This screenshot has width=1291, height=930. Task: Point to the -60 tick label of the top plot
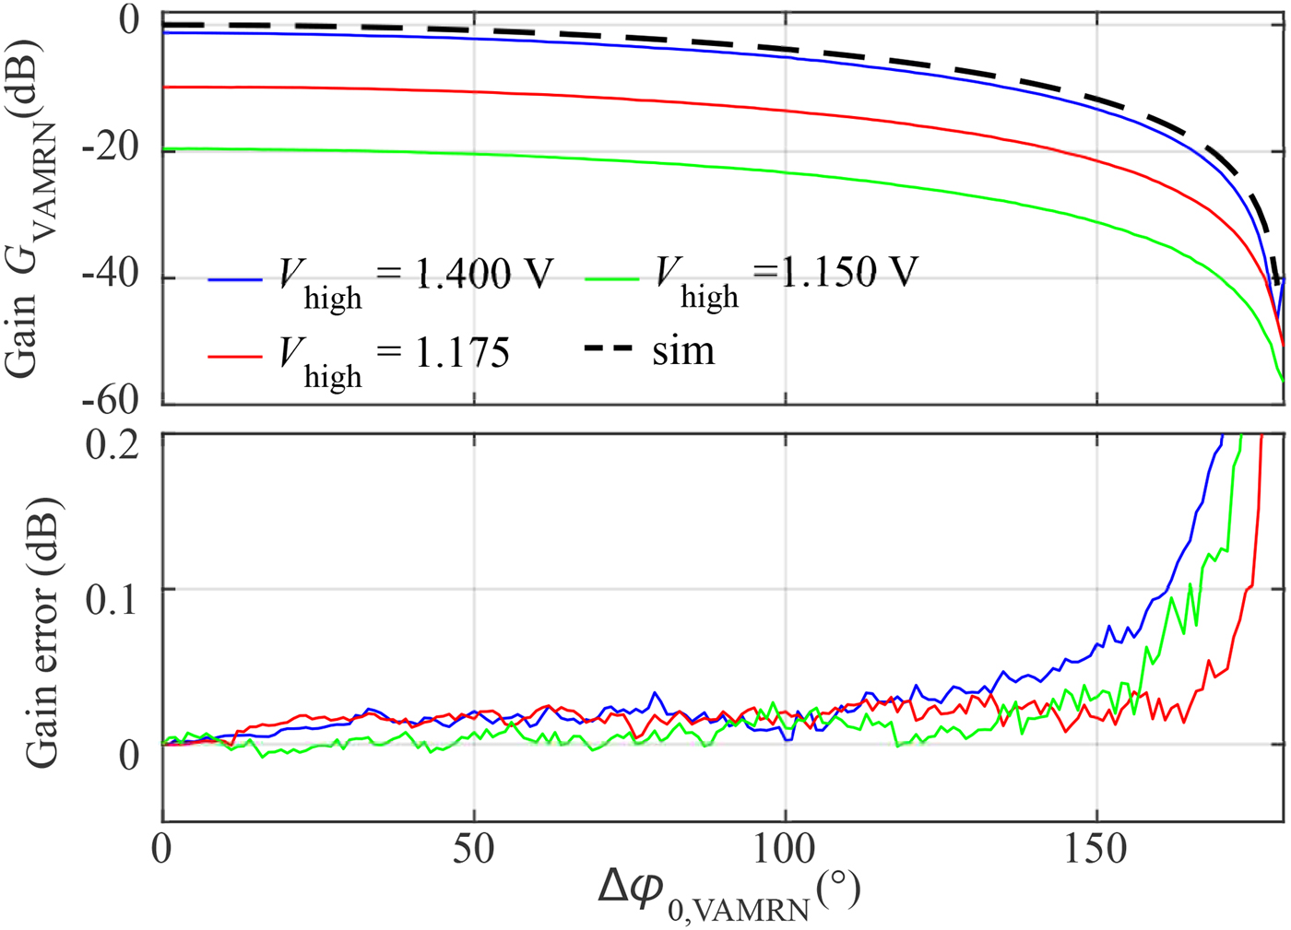(x=110, y=401)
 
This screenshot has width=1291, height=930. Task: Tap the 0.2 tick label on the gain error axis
(x=112, y=445)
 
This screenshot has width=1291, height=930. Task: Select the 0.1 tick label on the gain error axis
(x=112, y=599)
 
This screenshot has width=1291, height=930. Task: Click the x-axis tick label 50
(x=473, y=849)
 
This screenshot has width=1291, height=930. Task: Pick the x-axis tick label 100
(x=785, y=849)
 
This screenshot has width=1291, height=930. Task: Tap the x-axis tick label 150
(x=1096, y=849)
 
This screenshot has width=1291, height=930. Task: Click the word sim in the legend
(x=683, y=351)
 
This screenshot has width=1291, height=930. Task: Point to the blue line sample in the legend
(x=236, y=278)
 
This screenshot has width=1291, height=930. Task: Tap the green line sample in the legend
(x=611, y=277)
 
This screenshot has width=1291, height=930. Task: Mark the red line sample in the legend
(x=236, y=356)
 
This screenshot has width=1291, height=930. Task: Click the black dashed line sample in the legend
(x=608, y=348)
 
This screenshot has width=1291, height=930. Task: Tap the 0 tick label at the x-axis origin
(x=162, y=849)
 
